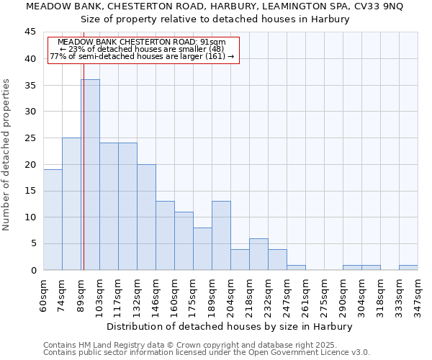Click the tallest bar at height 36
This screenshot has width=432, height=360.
pos(90,174)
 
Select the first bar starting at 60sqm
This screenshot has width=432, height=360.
pos(53,220)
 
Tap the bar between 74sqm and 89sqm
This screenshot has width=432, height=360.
pos(71,204)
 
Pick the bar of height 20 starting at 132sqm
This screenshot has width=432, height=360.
pos(146,217)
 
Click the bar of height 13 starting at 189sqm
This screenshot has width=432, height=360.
pos(221,235)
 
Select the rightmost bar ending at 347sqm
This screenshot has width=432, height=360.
pos(408,267)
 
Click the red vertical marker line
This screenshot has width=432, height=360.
pos(84,180)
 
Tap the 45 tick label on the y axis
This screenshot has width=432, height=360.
pos(30,32)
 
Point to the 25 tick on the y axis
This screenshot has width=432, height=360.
pos(30,138)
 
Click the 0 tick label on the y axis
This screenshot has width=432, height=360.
pos(33,270)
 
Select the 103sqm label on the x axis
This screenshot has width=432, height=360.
pos(99,293)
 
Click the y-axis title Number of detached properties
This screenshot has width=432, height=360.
pos(7,155)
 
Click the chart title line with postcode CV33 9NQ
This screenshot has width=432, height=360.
pos(215,6)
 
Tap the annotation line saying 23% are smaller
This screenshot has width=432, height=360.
pos(141,49)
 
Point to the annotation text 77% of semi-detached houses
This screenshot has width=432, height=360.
pos(141,56)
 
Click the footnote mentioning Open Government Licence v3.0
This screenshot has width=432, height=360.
pos(207,352)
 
